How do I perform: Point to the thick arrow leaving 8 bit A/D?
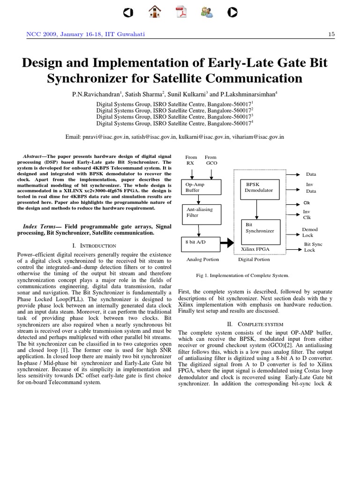point(226,243)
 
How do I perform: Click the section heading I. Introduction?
point(95,246)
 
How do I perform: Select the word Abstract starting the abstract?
point(33,157)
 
